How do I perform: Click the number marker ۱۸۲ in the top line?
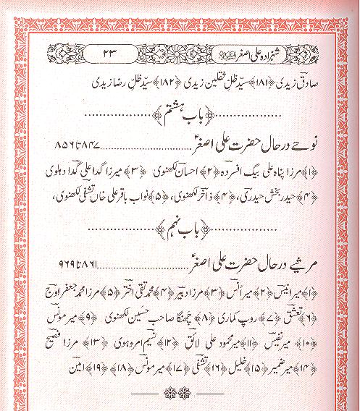pyautogui.click(x=133, y=78)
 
